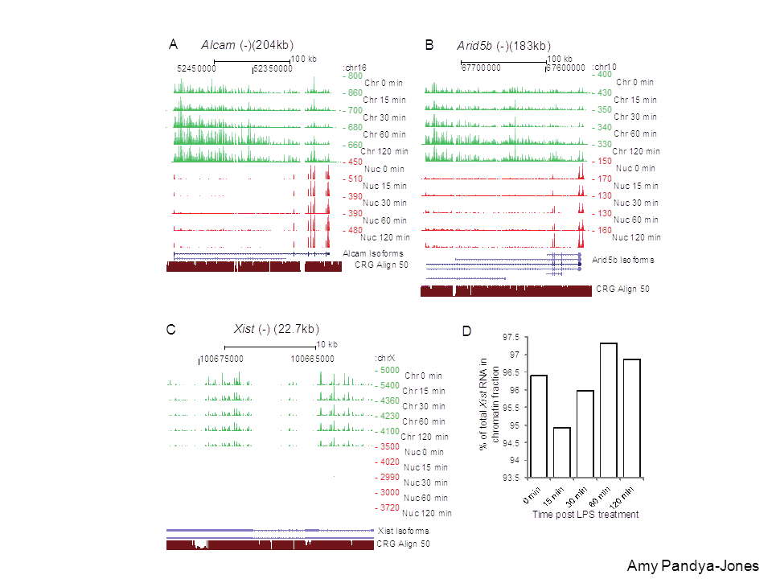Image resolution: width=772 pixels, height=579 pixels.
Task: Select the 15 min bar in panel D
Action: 561,452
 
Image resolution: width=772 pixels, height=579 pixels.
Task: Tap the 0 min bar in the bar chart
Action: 538,425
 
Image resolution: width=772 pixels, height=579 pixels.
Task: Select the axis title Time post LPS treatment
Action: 585,515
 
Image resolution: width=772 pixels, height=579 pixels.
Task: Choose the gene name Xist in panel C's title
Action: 244,328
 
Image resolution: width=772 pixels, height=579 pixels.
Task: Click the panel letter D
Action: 466,331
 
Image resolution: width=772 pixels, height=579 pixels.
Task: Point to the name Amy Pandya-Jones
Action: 692,565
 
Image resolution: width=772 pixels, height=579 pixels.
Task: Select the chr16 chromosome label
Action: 355,68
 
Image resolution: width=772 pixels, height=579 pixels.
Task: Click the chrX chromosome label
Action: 384,358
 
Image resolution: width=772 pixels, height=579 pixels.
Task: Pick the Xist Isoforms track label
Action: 403,531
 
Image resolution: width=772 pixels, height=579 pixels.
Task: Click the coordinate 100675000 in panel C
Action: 222,359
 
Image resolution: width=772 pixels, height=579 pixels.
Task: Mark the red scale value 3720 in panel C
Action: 388,508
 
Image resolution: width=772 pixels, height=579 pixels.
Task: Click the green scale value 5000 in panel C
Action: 388,371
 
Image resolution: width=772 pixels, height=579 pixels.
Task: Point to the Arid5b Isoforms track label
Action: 623,260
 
